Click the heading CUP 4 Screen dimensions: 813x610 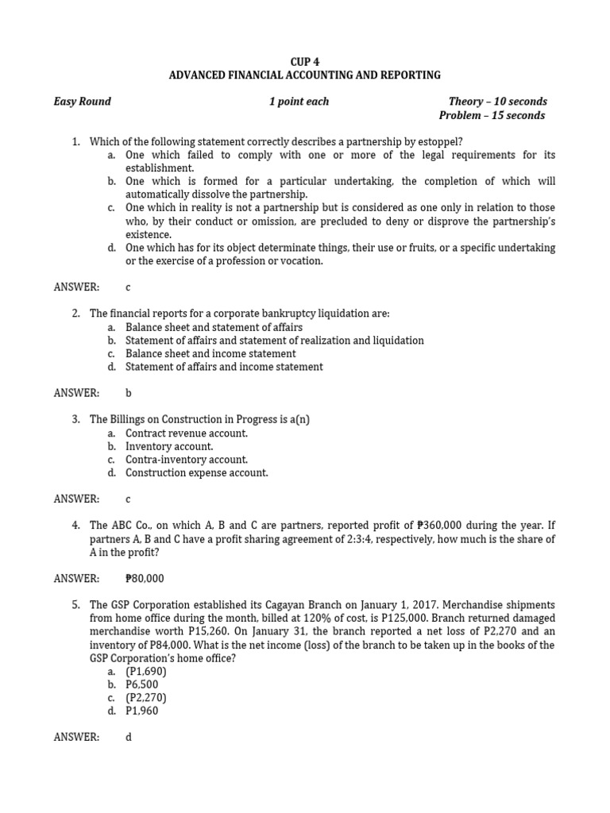305,61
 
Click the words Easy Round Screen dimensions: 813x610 82,102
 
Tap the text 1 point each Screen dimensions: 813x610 299,102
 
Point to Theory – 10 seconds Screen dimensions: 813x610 497,102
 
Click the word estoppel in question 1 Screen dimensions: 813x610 435,142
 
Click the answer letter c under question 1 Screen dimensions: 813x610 128,287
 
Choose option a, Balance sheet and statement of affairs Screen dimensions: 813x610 214,327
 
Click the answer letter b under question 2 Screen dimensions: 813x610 128,393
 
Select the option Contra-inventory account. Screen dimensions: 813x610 187,460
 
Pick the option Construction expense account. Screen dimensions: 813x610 197,473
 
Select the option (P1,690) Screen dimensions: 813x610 146,672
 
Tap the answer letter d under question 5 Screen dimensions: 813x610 128,738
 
